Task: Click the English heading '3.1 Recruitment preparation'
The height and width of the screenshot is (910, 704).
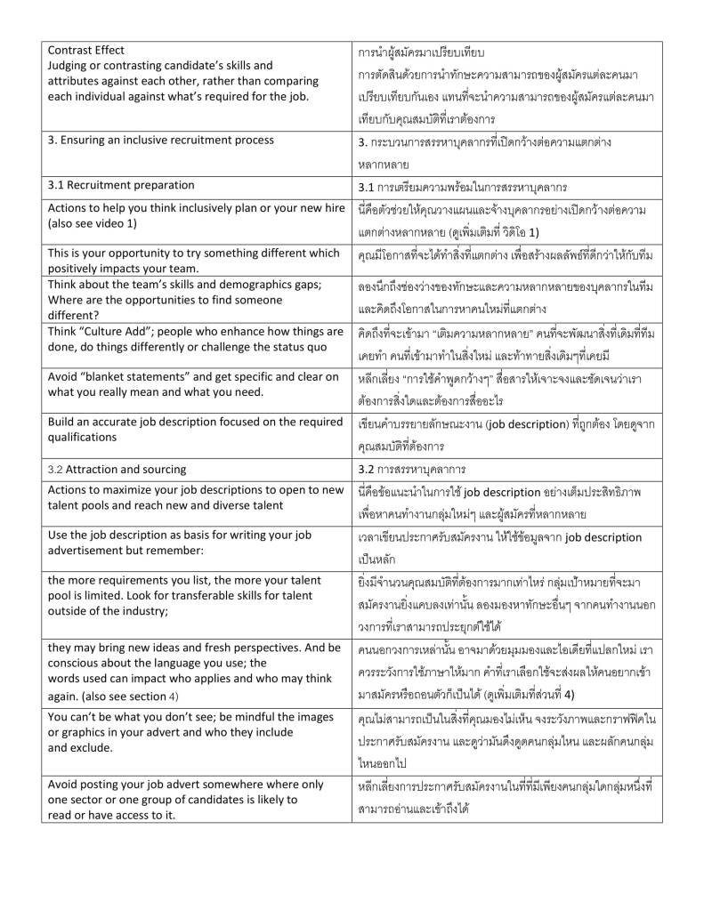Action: pos(120,185)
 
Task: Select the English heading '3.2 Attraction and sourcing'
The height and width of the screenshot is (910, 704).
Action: pos(117,469)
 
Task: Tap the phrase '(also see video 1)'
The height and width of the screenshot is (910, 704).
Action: pos(93,223)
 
